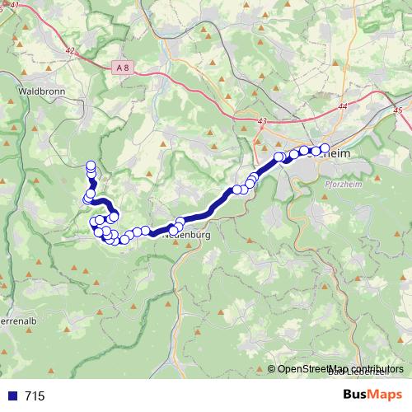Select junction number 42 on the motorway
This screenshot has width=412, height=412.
point(69,51)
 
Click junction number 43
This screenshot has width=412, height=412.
point(263,122)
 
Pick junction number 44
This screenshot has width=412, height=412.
point(343,107)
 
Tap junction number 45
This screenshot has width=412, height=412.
point(399,110)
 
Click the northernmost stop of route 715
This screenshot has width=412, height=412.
point(91,165)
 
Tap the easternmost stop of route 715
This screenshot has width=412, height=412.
point(325,148)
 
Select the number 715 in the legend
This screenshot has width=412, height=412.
point(35,396)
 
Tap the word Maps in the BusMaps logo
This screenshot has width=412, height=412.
point(386,395)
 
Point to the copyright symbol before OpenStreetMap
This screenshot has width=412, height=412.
point(272,369)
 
